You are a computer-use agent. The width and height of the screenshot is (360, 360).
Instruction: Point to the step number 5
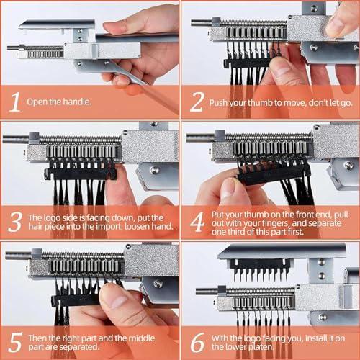14,339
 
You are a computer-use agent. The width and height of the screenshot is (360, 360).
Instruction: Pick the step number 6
195,339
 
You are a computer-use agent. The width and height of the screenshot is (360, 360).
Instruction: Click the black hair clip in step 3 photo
80,173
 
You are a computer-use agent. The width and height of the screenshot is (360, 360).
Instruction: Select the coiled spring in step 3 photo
72,139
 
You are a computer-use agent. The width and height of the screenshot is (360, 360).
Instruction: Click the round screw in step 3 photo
154,171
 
